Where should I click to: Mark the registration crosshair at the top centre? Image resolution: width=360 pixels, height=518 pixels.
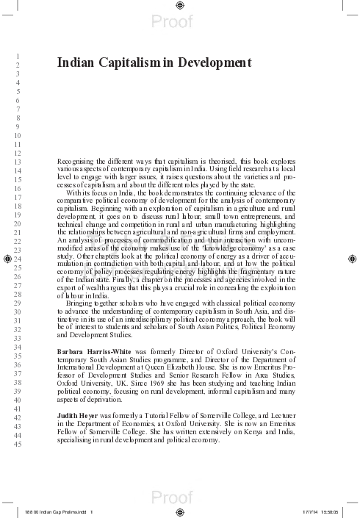pos(180,5)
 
